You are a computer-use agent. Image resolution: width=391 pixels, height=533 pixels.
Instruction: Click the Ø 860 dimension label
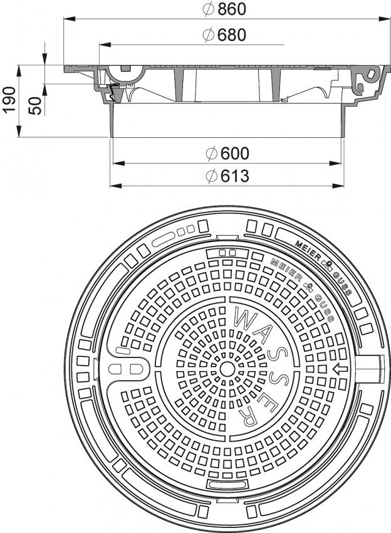(x=224, y=9)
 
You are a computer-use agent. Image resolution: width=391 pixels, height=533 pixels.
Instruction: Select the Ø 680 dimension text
(x=224, y=34)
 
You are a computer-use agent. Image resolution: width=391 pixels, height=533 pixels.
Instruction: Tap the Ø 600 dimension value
(x=227, y=153)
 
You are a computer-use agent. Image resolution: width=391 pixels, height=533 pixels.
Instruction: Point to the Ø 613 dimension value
(x=227, y=176)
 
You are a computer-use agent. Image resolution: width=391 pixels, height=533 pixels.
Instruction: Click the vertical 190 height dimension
(x=9, y=99)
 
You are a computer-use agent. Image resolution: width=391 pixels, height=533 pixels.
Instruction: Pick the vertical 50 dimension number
(x=34, y=105)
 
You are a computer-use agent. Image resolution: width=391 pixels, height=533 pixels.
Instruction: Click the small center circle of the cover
(x=227, y=368)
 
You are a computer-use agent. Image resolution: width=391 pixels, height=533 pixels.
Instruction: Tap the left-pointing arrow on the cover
(x=340, y=369)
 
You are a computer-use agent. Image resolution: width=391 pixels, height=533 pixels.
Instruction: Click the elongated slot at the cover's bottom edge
(x=227, y=485)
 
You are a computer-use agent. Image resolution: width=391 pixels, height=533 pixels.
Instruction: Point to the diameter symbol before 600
(x=211, y=154)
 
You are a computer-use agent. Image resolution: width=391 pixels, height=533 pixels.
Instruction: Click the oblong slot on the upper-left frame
(x=164, y=240)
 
